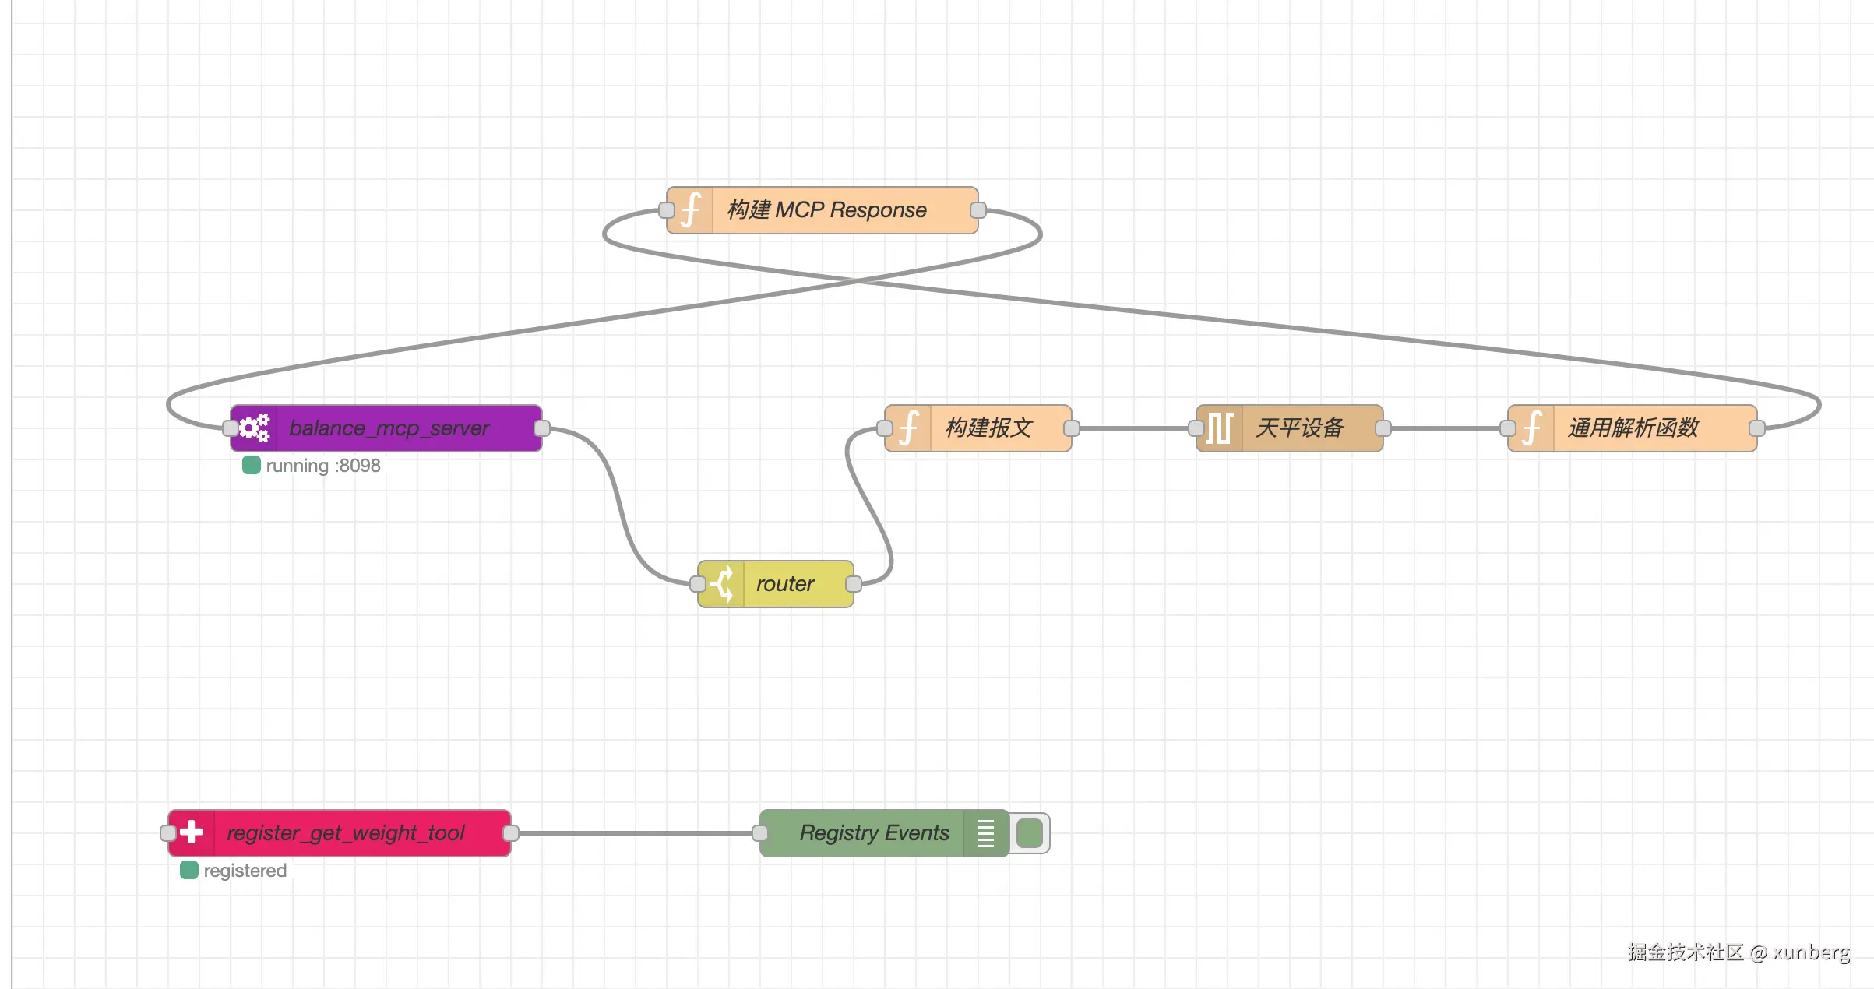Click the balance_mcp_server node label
[x=389, y=428]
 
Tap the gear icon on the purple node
[x=254, y=428]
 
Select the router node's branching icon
[x=722, y=584]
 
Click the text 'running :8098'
[x=322, y=466]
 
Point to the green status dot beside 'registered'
[x=189, y=870]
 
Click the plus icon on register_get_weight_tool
[x=192, y=833]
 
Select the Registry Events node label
[x=874, y=833]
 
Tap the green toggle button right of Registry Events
[x=1030, y=833]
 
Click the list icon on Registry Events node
[x=986, y=833]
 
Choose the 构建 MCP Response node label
[x=827, y=210]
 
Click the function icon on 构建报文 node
[x=908, y=428]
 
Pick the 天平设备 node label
[x=1300, y=428]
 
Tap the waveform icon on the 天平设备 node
[x=1219, y=428]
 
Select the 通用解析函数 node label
[x=1633, y=428]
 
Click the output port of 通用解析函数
[x=1757, y=428]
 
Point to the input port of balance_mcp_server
[x=231, y=428]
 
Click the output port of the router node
[x=854, y=584]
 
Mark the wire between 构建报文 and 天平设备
[x=1133, y=428]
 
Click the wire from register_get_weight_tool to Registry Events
[x=635, y=833]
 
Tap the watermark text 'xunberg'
[x=1811, y=952]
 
